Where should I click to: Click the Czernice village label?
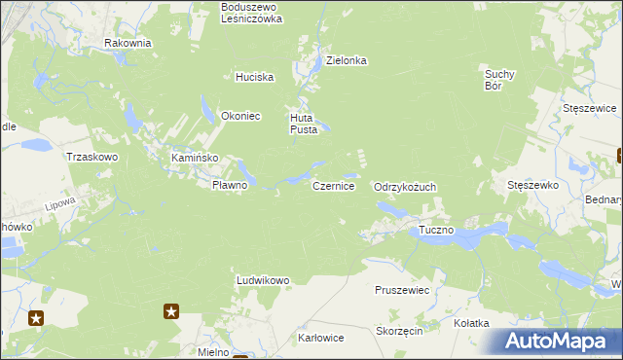[x=333, y=185]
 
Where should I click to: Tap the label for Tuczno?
[x=436, y=231]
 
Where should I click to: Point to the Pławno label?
[x=231, y=185]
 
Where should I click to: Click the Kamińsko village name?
[x=195, y=158]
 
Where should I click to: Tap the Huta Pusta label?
[x=303, y=124]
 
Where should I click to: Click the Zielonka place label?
[x=346, y=60]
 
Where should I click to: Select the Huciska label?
[x=255, y=77]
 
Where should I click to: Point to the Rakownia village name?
[x=128, y=43]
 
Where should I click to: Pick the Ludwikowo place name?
[x=263, y=280]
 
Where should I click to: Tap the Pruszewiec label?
[x=402, y=290]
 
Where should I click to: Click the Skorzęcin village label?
[x=398, y=331]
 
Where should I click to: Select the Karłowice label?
[x=320, y=339]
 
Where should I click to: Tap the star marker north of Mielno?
[x=171, y=311]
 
